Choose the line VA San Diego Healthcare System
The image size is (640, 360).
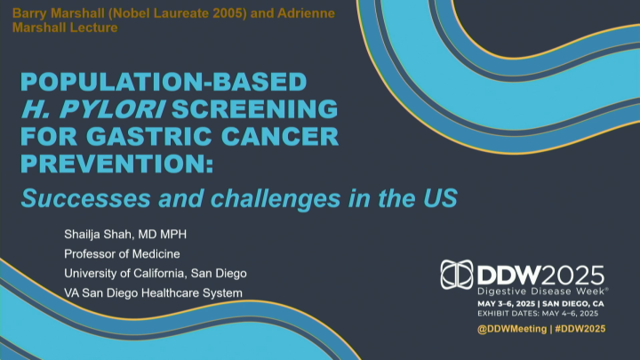coord(153,292)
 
